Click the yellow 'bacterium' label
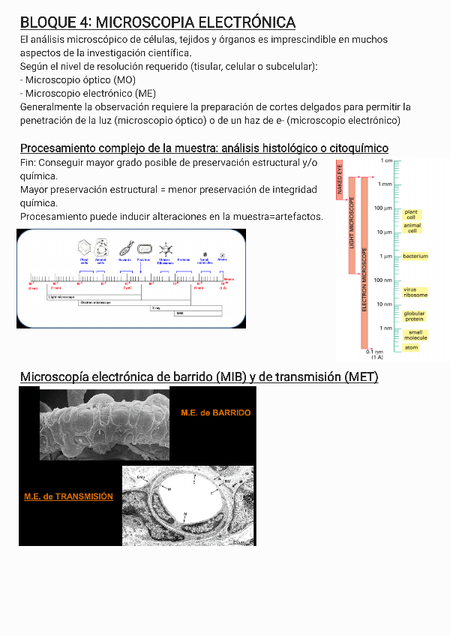[415, 256]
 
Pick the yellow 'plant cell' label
[411, 214]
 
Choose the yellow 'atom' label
[411, 347]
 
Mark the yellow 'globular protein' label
[414, 316]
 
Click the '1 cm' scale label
[386, 160]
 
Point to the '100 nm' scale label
[383, 280]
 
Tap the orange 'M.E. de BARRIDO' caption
[216, 412]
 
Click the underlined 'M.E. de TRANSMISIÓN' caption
[68, 496]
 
